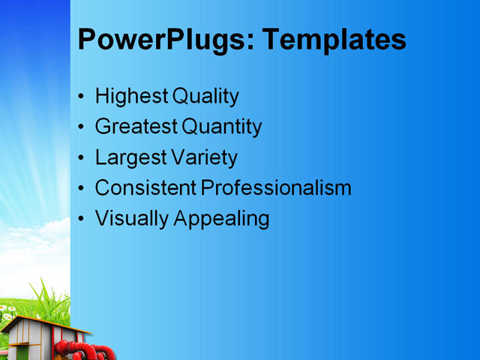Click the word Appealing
tap(221, 219)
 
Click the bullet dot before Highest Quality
tap(82, 97)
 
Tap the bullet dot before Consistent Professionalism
tap(82, 189)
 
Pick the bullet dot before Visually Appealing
tap(82, 220)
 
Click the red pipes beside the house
tap(86, 351)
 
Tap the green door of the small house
tap(23, 352)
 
